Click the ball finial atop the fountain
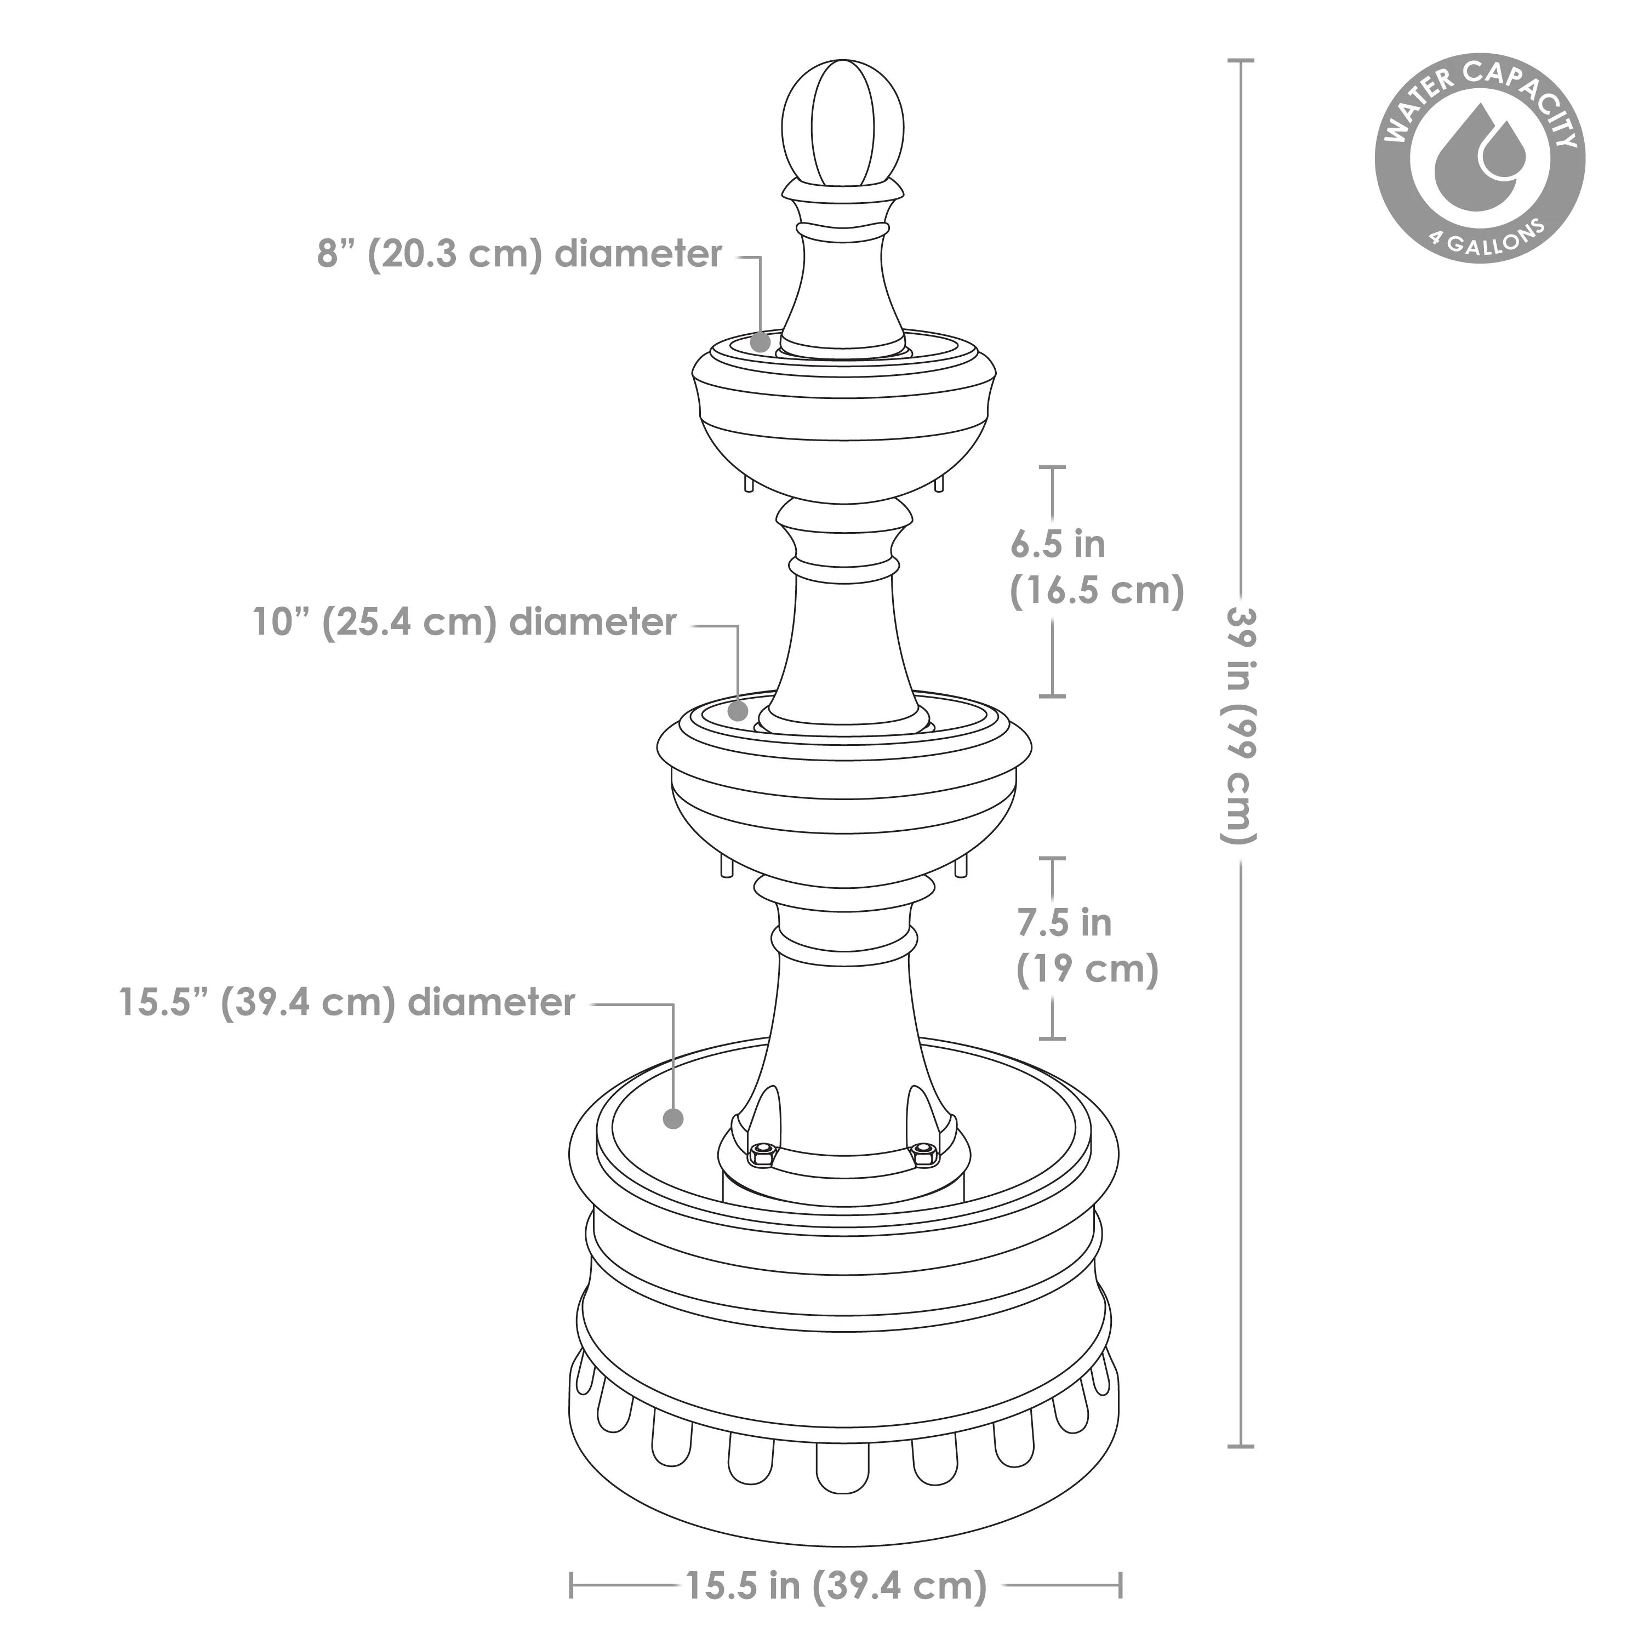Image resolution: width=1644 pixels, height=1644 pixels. click(x=842, y=121)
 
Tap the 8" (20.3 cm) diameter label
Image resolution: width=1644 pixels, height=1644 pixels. click(x=519, y=254)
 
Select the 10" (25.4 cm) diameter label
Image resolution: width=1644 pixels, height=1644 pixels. click(x=465, y=622)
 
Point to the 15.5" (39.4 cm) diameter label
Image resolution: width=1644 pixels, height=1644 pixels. click(x=347, y=1002)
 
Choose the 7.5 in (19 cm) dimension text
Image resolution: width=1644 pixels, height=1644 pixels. click(x=1087, y=945)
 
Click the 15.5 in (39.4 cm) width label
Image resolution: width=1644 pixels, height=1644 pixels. click(x=836, y=1585)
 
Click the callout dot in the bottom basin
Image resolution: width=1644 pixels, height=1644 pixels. click(x=673, y=1118)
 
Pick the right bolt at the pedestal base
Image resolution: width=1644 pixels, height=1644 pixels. click(x=922, y=1154)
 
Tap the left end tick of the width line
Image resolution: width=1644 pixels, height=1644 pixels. click(x=572, y=1585)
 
